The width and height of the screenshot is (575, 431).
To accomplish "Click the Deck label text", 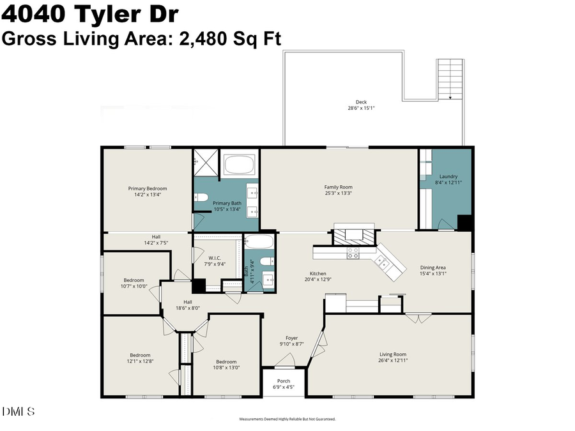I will point(360,102).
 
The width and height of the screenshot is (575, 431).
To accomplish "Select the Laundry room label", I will point(448,176).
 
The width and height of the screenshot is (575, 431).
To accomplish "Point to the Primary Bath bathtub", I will point(240,165).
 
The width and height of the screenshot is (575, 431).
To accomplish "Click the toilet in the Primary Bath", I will point(201,197).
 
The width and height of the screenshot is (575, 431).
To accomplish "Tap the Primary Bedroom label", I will point(148,188).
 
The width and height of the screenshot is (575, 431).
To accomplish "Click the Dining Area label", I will point(433,268).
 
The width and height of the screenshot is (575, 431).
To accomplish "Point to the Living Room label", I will point(393,354).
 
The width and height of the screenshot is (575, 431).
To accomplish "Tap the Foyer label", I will point(291,338).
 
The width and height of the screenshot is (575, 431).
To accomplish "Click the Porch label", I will point(283,381).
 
